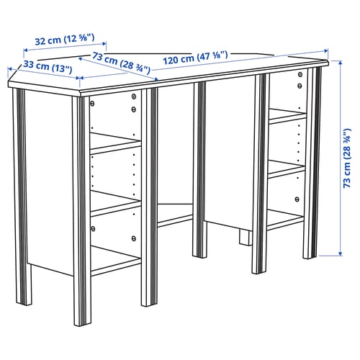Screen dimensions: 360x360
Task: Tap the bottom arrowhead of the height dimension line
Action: coord(338,253)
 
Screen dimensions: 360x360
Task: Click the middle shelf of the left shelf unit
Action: coord(115,203)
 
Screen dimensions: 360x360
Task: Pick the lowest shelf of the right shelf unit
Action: coord(286,220)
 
